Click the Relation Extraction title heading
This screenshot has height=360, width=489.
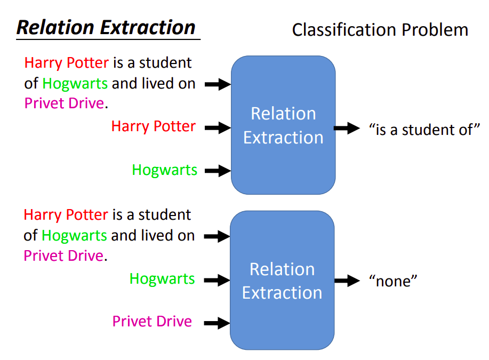pyautogui.click(x=106, y=27)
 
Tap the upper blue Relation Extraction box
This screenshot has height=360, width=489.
pyautogui.click(x=283, y=125)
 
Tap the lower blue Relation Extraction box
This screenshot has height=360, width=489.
pyautogui.click(x=282, y=281)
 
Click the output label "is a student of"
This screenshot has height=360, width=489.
pyautogui.click(x=424, y=129)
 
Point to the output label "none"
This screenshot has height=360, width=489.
pyautogui.click(x=392, y=281)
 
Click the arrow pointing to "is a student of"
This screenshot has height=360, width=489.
pyautogui.click(x=347, y=128)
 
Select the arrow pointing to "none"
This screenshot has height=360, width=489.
pyautogui.click(x=347, y=281)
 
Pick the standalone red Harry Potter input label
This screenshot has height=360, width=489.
pyautogui.click(x=154, y=127)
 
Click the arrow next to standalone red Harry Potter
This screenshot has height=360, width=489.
pyautogui.click(x=217, y=127)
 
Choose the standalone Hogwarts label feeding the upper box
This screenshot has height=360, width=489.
pyautogui.click(x=165, y=170)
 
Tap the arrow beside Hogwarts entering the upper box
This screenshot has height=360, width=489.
pyautogui.click(x=217, y=171)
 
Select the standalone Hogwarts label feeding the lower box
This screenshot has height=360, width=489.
pyautogui.click(x=162, y=278)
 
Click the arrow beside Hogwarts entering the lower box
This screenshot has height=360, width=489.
pyautogui.click(x=217, y=279)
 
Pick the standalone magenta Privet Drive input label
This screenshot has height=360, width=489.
pyautogui.click(x=152, y=322)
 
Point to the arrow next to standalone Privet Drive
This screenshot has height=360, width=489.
pyautogui.click(x=217, y=323)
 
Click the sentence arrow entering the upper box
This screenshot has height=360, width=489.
pyautogui.click(x=217, y=84)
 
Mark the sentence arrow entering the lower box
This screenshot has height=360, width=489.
pyautogui.click(x=217, y=236)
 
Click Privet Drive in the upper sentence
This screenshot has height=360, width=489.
pyautogui.click(x=64, y=103)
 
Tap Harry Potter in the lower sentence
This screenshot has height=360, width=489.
pyautogui.click(x=66, y=215)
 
